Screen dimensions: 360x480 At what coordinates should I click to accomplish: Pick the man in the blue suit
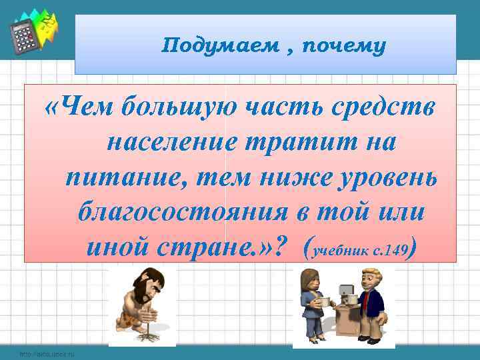(371, 303)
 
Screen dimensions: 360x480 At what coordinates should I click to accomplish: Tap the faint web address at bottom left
(47, 354)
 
